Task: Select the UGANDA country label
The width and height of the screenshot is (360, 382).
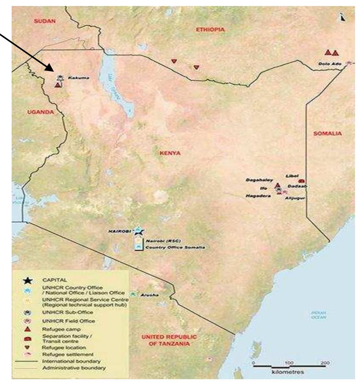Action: click(x=40, y=112)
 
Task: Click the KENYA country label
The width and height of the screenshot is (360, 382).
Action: click(x=170, y=153)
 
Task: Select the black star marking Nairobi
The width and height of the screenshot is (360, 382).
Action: click(x=139, y=231)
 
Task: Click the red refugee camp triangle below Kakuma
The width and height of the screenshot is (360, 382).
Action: click(x=58, y=85)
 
